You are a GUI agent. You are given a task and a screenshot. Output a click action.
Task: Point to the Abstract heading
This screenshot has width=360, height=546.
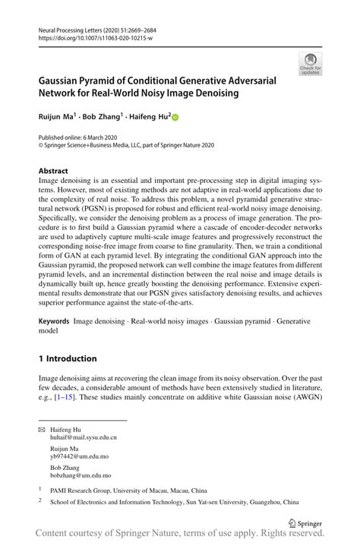tap(53, 171)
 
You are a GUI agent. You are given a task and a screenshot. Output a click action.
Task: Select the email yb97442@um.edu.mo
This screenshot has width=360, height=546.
tap(78, 458)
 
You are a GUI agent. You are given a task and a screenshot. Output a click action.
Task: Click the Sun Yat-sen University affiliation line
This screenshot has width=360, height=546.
tap(174, 502)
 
